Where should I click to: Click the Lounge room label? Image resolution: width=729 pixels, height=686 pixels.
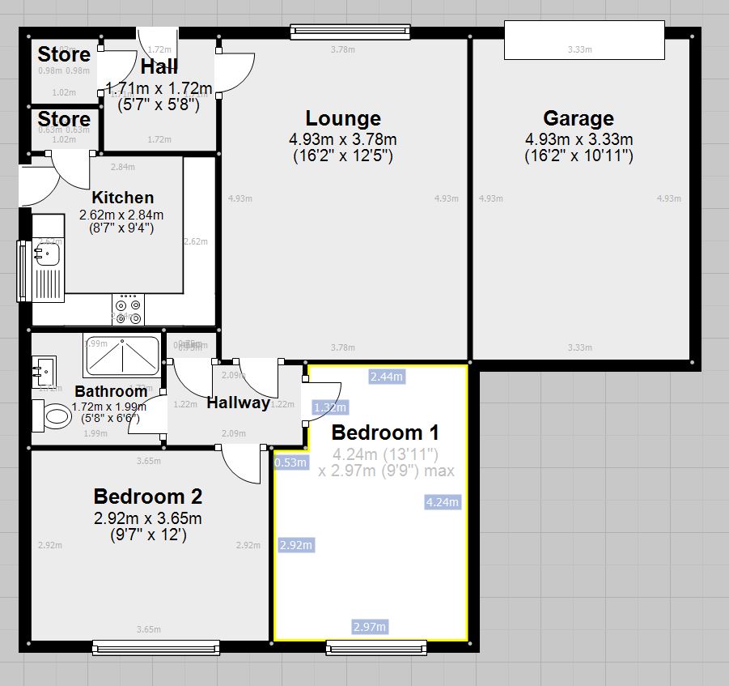coord(343,118)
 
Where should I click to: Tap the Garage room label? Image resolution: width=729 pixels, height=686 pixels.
coord(578,118)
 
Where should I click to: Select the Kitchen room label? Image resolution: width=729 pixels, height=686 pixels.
coord(122,197)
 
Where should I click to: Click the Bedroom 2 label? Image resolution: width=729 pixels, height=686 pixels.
coord(147,496)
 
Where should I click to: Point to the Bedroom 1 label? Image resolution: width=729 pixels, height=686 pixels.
coord(377,432)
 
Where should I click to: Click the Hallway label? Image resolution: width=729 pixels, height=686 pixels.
coord(238,403)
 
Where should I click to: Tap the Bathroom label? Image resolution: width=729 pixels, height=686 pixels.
coord(111,392)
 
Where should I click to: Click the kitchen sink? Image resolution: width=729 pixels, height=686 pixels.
coord(47,256)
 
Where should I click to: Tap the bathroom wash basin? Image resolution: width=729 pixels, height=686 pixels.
coord(44,372)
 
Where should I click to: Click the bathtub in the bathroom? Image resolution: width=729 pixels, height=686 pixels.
coord(122,354)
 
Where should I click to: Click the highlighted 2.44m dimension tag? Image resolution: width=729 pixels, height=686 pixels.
coord(387,377)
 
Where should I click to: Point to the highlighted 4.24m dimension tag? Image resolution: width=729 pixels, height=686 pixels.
coord(442,502)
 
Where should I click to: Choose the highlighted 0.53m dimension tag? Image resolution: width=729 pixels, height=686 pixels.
coord(290,462)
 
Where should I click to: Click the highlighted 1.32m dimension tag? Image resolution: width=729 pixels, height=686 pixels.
coord(330,407)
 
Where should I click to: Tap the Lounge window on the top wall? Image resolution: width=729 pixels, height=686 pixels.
coord(350,32)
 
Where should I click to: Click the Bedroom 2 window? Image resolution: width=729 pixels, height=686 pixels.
coord(155,646)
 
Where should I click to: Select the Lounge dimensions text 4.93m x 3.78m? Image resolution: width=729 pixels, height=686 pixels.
coord(343,140)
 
